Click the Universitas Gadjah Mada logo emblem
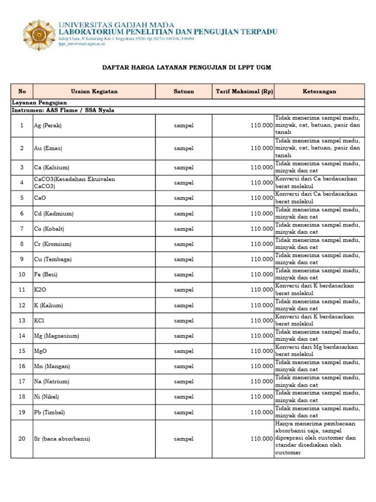pyautogui.click(x=39, y=35)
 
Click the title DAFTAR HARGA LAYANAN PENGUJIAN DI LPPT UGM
pyautogui.click(x=186, y=67)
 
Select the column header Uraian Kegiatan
pyautogui.click(x=94, y=91)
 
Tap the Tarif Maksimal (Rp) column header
pyautogui.click(x=243, y=91)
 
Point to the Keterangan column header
pyautogui.click(x=319, y=91)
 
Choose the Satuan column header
pyautogui.click(x=184, y=91)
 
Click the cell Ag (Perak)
pyautogui.click(x=48, y=125)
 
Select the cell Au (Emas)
pyautogui.click(x=48, y=148)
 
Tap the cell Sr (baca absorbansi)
pyautogui.click(x=62, y=439)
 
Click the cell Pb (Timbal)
pyautogui.click(x=49, y=412)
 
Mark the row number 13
pyautogui.click(x=22, y=321)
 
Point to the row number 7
pyautogui.click(x=22, y=229)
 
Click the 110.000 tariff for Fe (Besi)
pyautogui.click(x=261, y=275)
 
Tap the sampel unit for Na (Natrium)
pyautogui.click(x=184, y=381)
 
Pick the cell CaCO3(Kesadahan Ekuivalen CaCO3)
pyautogui.click(x=74, y=182)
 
